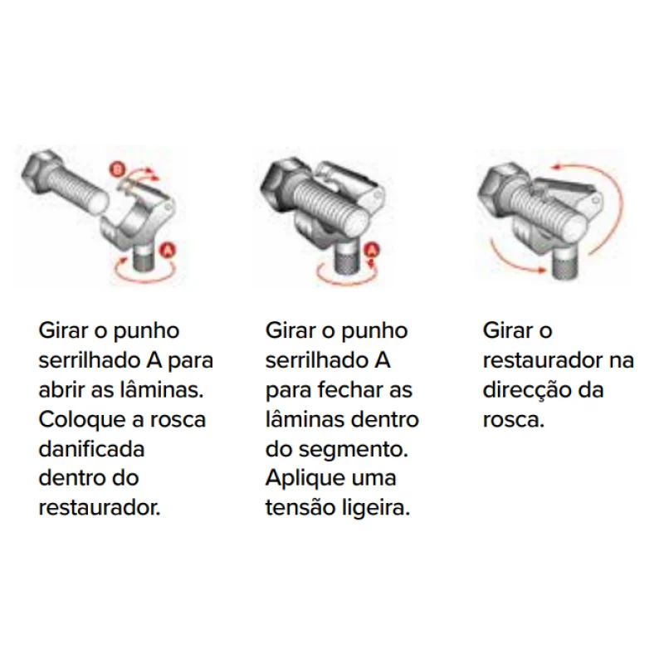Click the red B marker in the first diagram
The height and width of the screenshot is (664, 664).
pos(118,169)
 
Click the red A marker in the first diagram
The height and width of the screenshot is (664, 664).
pos(168,251)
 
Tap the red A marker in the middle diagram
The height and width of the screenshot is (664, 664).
pos(371,250)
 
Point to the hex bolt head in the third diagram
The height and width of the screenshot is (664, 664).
pos(499,188)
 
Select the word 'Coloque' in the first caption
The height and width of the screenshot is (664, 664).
pos(82,421)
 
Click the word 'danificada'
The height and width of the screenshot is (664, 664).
pos(91,449)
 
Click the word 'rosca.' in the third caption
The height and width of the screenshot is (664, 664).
pos(513,421)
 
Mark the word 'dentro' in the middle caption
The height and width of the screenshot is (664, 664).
pos(385,420)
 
